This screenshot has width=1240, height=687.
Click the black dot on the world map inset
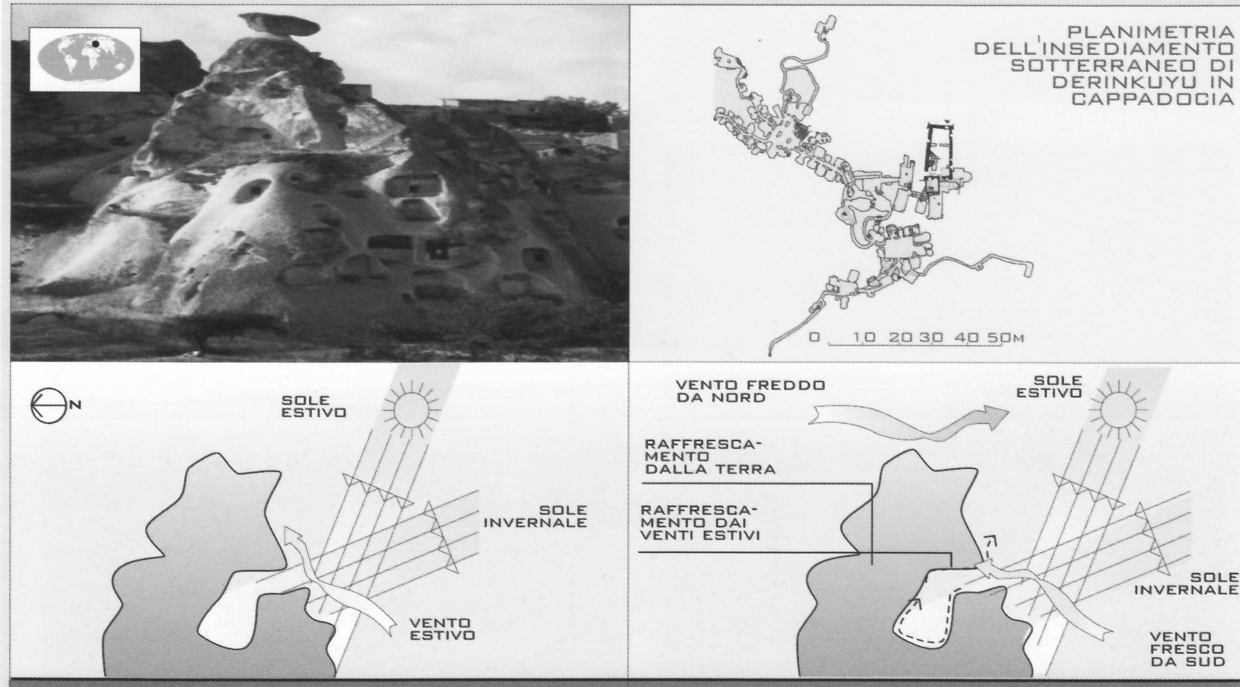pyautogui.click(x=96, y=44)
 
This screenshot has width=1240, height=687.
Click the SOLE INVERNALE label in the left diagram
pyautogui.click(x=535, y=517)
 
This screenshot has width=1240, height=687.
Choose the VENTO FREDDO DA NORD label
pyautogui.click(x=750, y=391)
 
